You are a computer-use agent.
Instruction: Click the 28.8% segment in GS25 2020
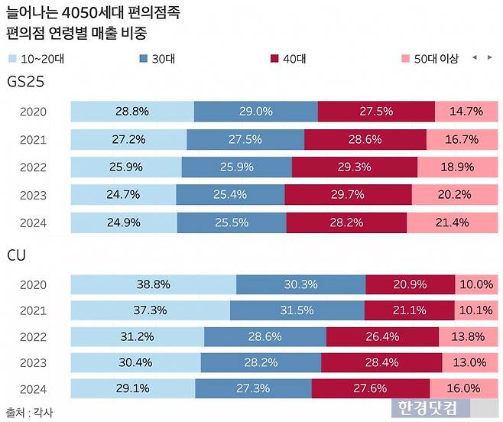131,112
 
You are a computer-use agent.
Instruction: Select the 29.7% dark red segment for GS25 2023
348,195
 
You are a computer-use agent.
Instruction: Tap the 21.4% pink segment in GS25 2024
452,223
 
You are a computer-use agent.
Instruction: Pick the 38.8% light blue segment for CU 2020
153,284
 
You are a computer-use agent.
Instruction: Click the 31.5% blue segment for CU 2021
297,310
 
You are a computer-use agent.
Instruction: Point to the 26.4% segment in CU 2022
382,337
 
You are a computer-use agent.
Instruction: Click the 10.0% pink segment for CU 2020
475,284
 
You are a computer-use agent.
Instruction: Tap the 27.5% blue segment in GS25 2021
245,140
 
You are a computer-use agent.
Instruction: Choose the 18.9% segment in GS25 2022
456,167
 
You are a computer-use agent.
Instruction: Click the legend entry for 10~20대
36,58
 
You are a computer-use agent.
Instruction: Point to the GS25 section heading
25,82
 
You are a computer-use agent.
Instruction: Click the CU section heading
16,255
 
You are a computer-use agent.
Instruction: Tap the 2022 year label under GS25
33,167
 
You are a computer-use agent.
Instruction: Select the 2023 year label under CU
33,362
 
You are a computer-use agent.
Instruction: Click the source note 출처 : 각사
29,412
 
